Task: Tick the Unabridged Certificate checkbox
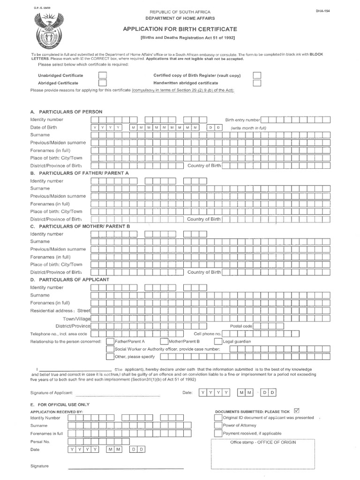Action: tap(103, 75)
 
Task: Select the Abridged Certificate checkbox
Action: tap(103, 83)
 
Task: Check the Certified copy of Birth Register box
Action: tap(257, 75)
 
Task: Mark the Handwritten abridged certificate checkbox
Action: tap(257, 83)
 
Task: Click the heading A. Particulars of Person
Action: tap(66, 112)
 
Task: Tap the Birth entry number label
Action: tap(243, 120)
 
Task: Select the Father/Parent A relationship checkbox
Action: tap(110, 341)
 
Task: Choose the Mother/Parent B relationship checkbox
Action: tap(165, 341)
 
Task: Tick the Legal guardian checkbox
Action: tap(219, 341)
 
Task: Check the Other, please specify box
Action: tap(110, 357)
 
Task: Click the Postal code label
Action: tap(241, 326)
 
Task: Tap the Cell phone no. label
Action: tap(208, 334)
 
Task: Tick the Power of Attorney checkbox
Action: tap(218, 425)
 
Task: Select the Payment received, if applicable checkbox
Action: tap(218, 433)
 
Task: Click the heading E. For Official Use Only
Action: tap(60, 404)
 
